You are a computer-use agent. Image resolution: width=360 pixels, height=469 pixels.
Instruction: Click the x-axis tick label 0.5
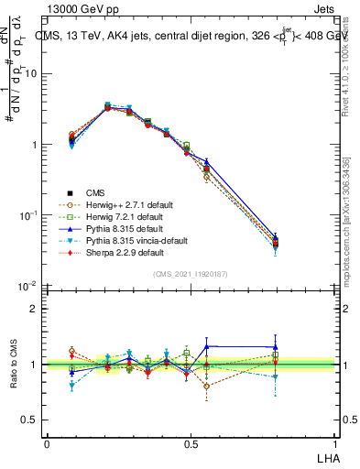191,443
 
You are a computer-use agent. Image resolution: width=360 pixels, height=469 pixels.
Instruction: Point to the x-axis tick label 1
335,443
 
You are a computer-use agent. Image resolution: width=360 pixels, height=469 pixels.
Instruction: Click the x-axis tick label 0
47,443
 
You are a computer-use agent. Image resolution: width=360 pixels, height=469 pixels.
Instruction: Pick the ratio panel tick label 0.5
30,420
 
